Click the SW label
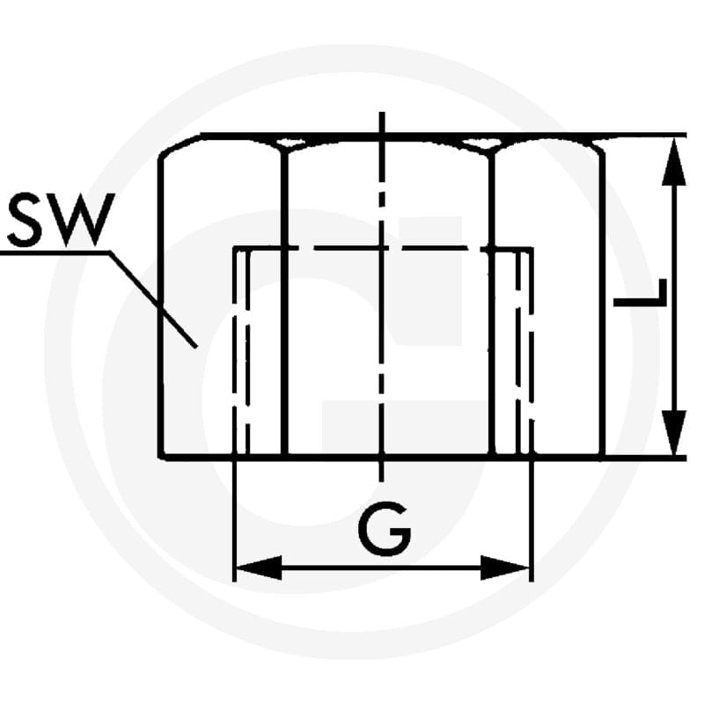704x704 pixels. pos(62,221)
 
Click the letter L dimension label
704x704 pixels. pos(641,293)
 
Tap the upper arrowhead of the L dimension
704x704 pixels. pos(674,162)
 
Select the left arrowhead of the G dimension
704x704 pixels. pos(259,568)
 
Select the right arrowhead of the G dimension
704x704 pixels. pos(504,568)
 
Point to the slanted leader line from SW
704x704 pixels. pos(153,300)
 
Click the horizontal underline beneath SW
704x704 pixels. pos(55,253)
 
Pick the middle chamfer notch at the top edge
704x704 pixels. pos(481,144)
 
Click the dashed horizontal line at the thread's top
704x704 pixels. pos(383,248)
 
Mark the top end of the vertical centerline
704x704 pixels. pos(382,113)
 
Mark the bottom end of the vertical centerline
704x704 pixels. pos(382,480)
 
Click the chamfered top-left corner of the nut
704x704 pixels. pos(180,143)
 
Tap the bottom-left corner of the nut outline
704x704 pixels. pos(161,457)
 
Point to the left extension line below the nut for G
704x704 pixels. pos(234,521)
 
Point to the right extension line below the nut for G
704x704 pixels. pos(532,521)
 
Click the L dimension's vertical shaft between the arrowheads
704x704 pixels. pos(674,297)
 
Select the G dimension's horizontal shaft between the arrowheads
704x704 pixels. pos(382,568)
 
